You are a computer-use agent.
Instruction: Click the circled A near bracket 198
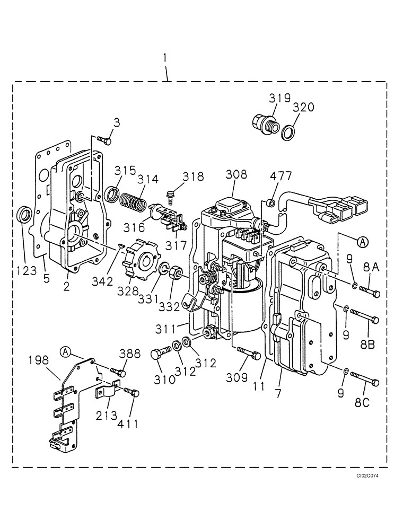[65, 351]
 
